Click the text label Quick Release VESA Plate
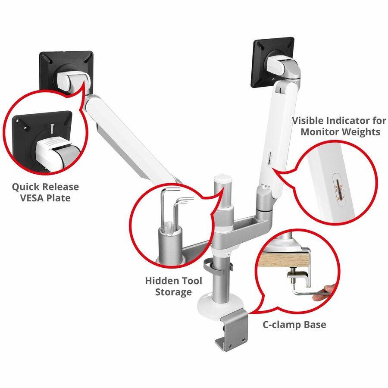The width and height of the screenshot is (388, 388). pos(45,192)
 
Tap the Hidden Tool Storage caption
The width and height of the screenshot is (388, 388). pos(173,286)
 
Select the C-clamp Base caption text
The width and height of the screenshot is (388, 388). pos(294,325)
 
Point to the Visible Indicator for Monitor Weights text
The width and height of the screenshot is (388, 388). pos(336,126)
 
